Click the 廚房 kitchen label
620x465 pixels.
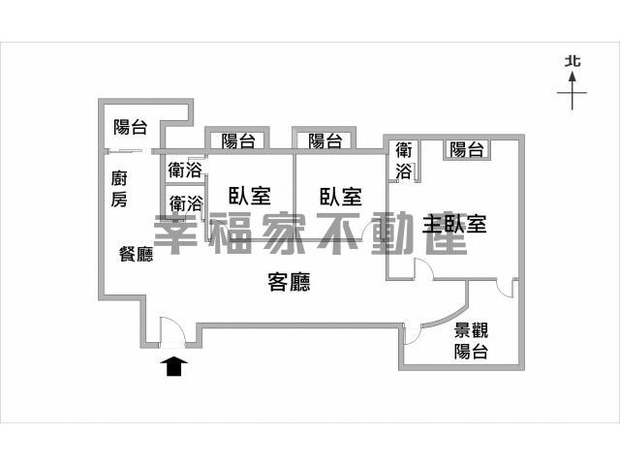pos(119,189)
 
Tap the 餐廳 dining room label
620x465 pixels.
pos(136,254)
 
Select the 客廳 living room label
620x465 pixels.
pos(289,282)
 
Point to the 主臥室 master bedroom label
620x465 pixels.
pos(454,224)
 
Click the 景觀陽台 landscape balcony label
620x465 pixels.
pos(471,340)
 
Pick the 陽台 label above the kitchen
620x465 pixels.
pos(131,127)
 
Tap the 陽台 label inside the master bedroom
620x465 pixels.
pos(467,150)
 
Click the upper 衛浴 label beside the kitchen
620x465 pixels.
pos(185,170)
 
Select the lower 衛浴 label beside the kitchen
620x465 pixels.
pos(186,204)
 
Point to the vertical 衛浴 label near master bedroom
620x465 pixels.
pos(404,161)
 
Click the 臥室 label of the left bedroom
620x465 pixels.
pos(250,196)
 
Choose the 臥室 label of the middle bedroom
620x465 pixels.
pos(341,197)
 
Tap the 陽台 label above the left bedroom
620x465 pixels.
pos(238,141)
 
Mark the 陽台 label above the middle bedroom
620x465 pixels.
pos(325,140)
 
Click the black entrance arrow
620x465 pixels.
pos(174,366)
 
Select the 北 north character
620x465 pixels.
pos(573,61)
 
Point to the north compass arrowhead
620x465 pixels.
pos(573,77)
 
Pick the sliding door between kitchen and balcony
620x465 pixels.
pos(126,151)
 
